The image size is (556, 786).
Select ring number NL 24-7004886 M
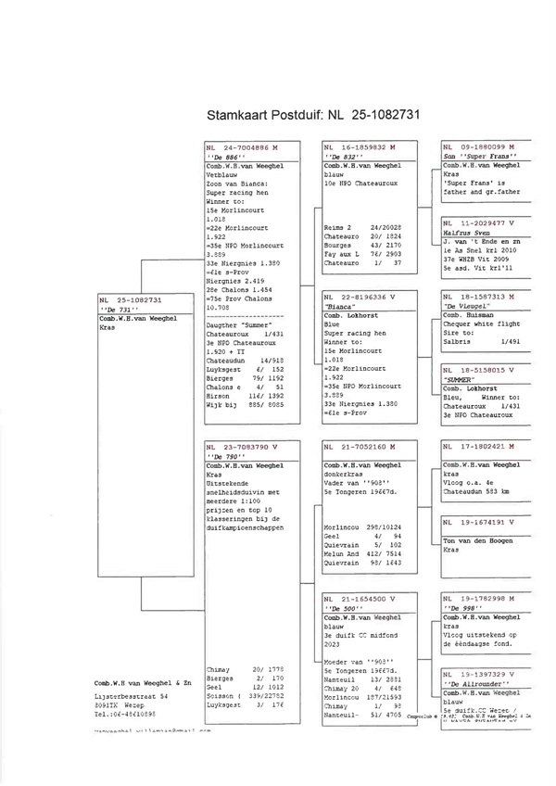point(242,147)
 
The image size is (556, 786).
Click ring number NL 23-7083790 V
point(242,447)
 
